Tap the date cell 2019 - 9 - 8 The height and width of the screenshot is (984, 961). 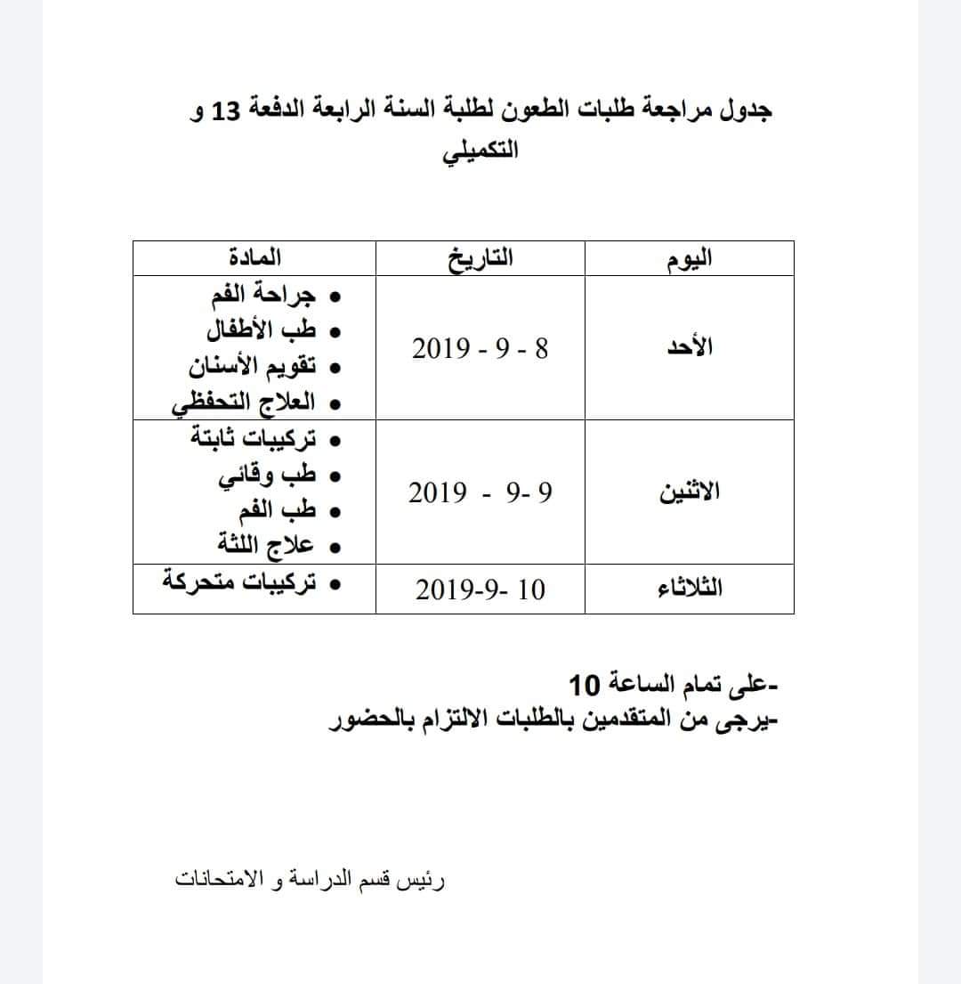(480, 348)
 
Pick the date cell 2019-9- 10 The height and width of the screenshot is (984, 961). (480, 590)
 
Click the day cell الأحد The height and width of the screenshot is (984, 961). (690, 348)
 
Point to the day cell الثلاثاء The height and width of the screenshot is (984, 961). (689, 589)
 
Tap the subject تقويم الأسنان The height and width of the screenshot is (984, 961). (253, 367)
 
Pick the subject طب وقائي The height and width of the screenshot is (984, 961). (268, 476)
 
